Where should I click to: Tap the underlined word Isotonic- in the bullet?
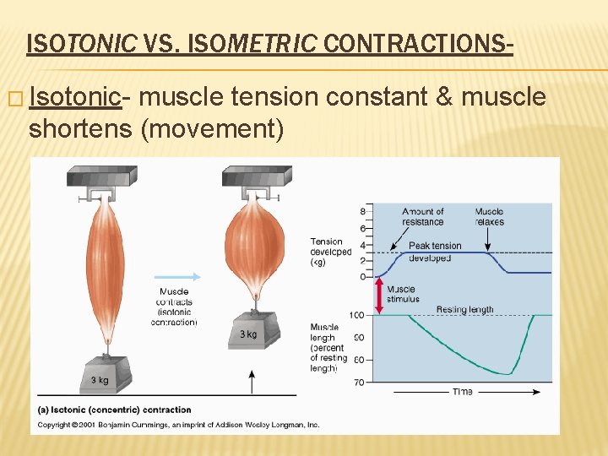tap(75, 98)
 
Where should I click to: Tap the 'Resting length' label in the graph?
tap(464, 310)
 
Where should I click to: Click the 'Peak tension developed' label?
tap(435, 252)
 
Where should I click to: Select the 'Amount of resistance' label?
tap(422, 217)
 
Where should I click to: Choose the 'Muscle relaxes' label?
tap(489, 217)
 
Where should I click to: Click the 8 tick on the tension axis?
tap(362, 211)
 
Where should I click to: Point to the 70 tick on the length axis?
tap(359, 383)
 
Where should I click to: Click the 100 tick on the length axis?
tap(356, 315)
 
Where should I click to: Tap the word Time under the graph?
tap(462, 392)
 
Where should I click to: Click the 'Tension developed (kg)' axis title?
tap(330, 252)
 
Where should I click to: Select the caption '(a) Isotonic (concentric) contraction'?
tap(114, 410)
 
